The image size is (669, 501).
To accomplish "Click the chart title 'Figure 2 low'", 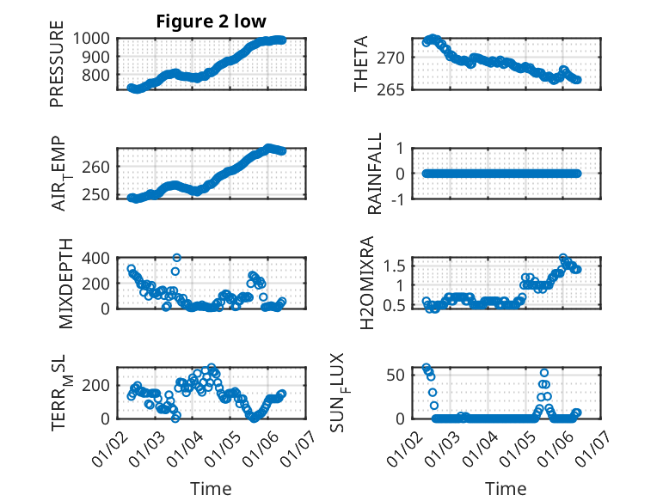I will tap(211, 21).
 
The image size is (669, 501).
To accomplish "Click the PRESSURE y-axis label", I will tap(57, 70).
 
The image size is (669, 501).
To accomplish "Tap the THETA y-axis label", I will tap(361, 64).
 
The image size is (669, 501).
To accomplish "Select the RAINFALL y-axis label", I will tap(374, 174).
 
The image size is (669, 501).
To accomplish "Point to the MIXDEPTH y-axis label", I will tap(66, 284).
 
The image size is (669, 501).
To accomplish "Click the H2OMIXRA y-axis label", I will tap(366, 283).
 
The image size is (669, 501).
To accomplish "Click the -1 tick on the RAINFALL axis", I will tap(396, 198).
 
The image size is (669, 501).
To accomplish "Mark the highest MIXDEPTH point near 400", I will tap(176, 257).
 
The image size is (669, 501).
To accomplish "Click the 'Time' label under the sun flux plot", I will tap(506, 488).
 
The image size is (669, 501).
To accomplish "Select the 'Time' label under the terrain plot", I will tap(211, 488).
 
